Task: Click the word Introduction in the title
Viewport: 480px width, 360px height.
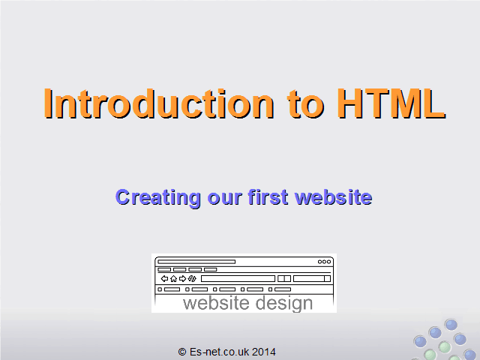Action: point(159,103)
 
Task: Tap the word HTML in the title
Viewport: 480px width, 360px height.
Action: point(391,103)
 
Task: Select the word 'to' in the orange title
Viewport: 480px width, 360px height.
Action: point(305,105)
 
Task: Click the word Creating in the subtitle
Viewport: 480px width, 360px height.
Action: point(158,198)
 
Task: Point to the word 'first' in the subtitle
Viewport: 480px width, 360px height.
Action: point(268,196)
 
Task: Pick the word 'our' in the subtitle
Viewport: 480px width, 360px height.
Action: point(225,198)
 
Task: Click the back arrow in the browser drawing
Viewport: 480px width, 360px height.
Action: point(165,278)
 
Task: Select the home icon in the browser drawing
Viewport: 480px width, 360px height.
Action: point(173,278)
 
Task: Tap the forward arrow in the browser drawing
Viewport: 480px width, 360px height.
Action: point(183,278)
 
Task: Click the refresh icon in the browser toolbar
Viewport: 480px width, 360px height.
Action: point(192,278)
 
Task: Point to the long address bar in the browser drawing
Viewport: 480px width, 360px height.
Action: point(238,278)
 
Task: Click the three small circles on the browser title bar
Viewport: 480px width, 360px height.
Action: point(324,262)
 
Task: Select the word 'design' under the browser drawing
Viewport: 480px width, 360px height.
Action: point(284,304)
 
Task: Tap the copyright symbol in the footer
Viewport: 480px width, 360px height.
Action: point(182,352)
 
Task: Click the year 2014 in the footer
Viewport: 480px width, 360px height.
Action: point(264,352)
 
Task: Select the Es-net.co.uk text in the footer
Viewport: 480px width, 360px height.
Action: point(219,352)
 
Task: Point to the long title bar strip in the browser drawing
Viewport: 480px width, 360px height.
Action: point(196,262)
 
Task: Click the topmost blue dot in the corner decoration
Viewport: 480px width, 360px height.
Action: point(451,325)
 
